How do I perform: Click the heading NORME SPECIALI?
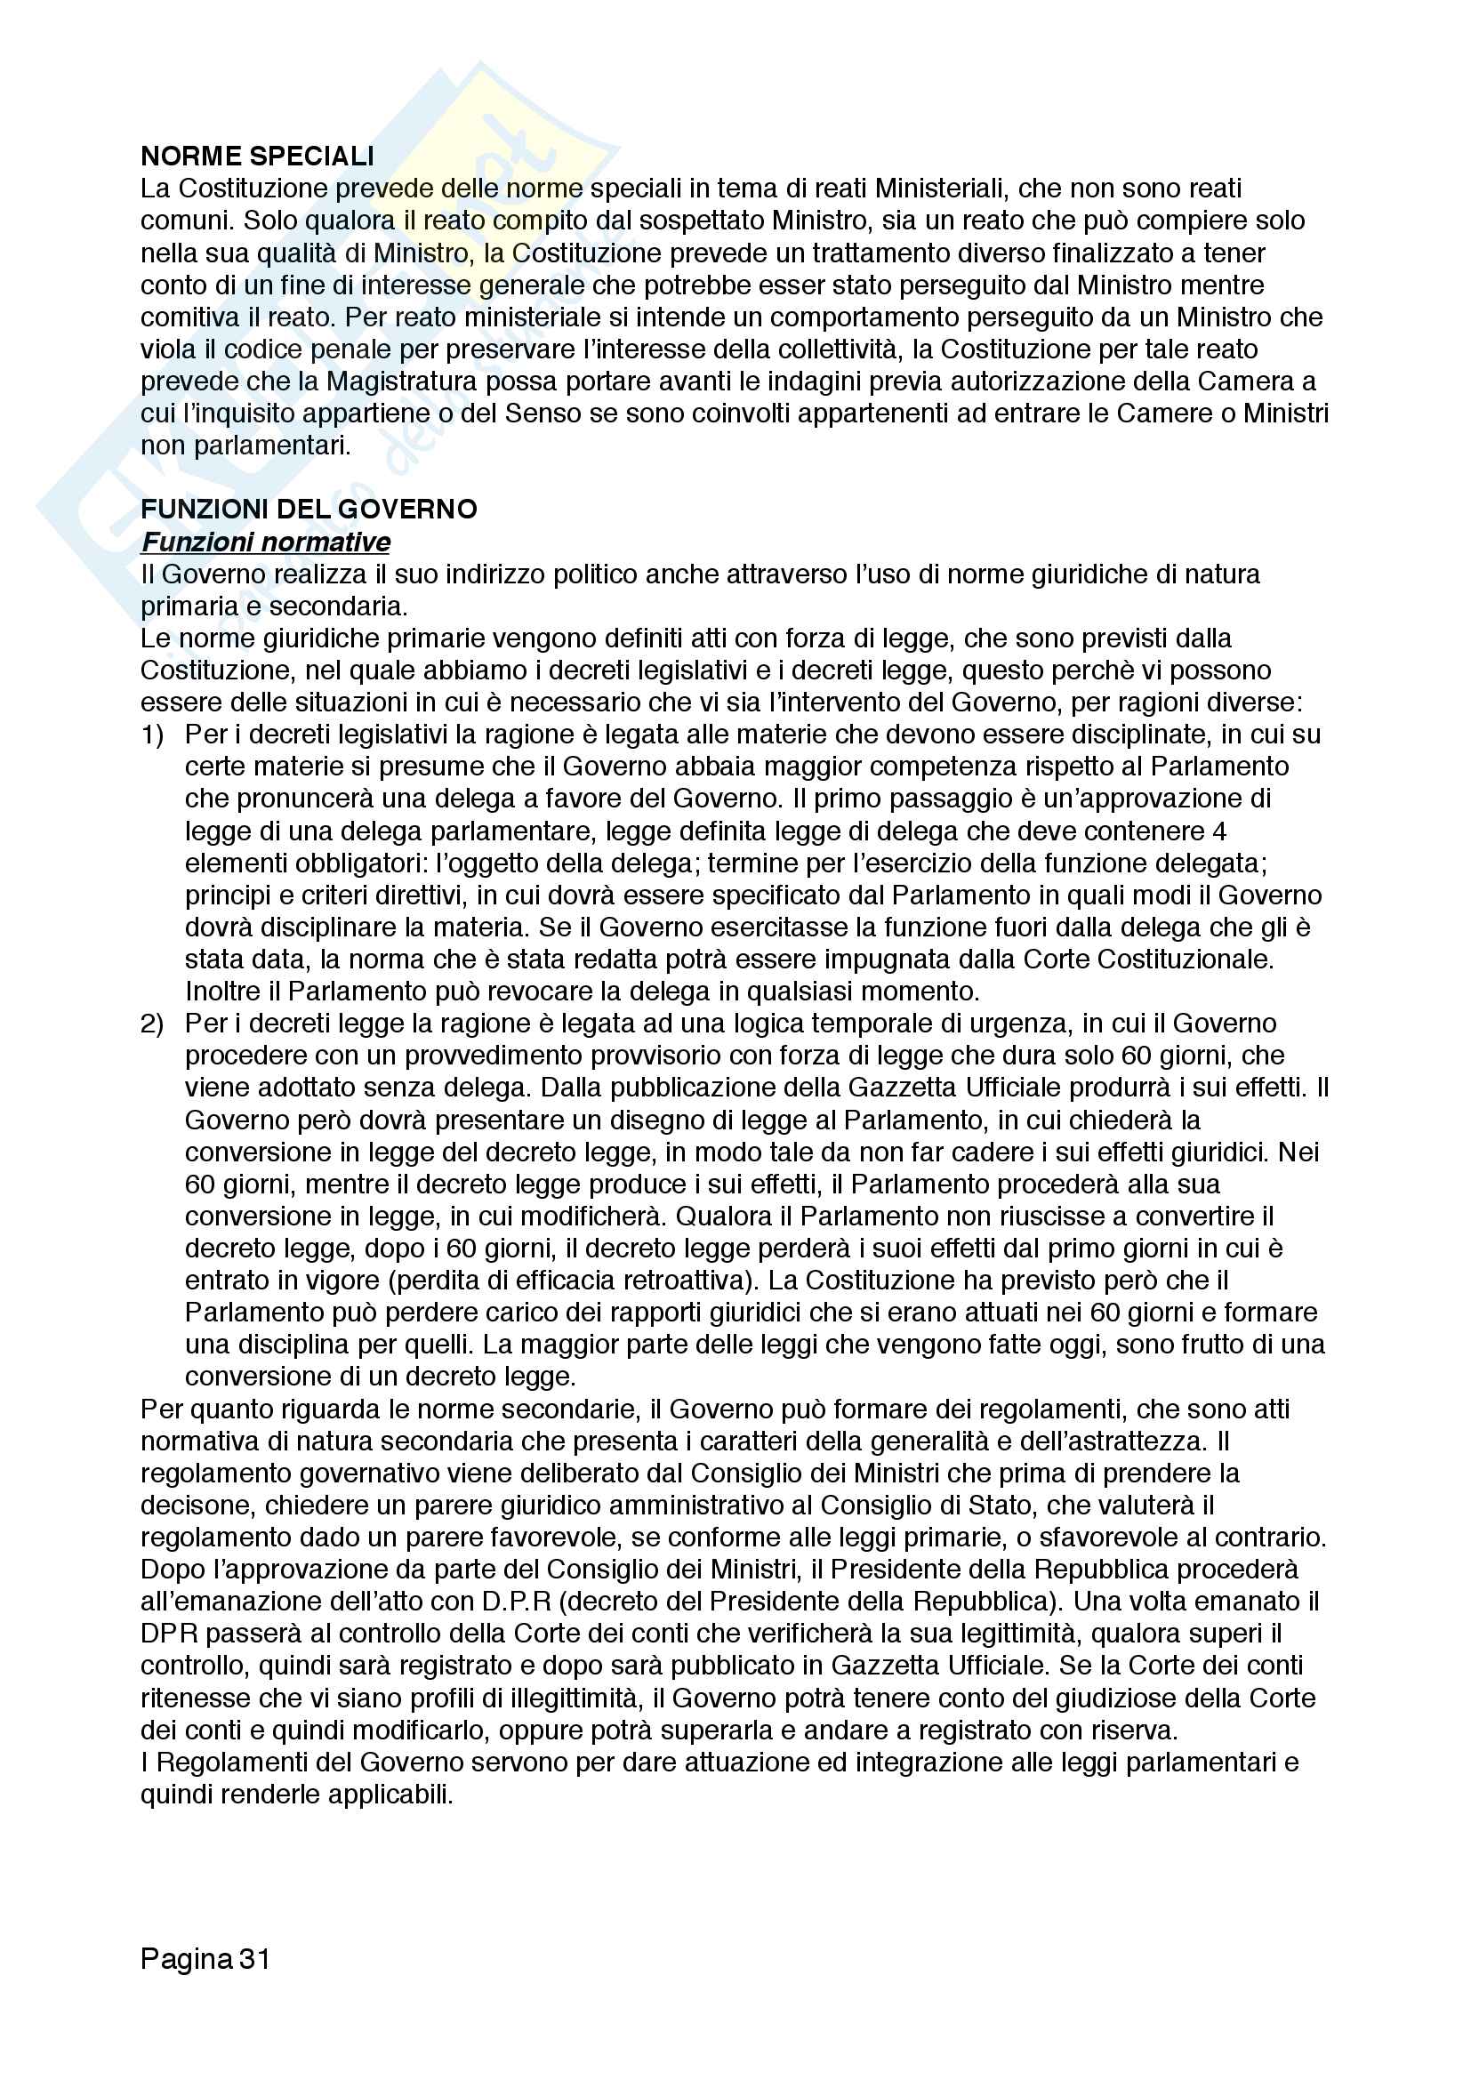(257, 156)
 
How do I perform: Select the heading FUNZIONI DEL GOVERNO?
(309, 510)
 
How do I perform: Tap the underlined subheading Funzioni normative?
(266, 542)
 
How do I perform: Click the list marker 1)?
(152, 735)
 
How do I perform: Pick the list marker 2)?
(152, 1024)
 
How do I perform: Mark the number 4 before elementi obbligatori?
(1219, 831)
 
